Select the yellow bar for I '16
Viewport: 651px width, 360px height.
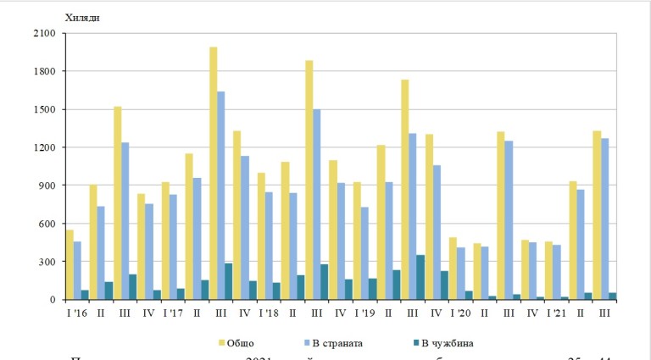pyautogui.click(x=70, y=264)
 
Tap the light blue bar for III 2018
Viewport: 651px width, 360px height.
pyautogui.click(x=317, y=204)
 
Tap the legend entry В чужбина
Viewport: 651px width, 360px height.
pyautogui.click(x=448, y=342)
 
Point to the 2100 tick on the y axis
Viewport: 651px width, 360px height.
pyautogui.click(x=45, y=33)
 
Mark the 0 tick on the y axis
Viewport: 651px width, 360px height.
pyautogui.click(x=53, y=300)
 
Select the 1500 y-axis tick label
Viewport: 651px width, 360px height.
pyautogui.click(x=45, y=109)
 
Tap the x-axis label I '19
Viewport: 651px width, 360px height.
pyautogui.click(x=365, y=313)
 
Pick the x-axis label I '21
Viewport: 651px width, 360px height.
pyautogui.click(x=556, y=313)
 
